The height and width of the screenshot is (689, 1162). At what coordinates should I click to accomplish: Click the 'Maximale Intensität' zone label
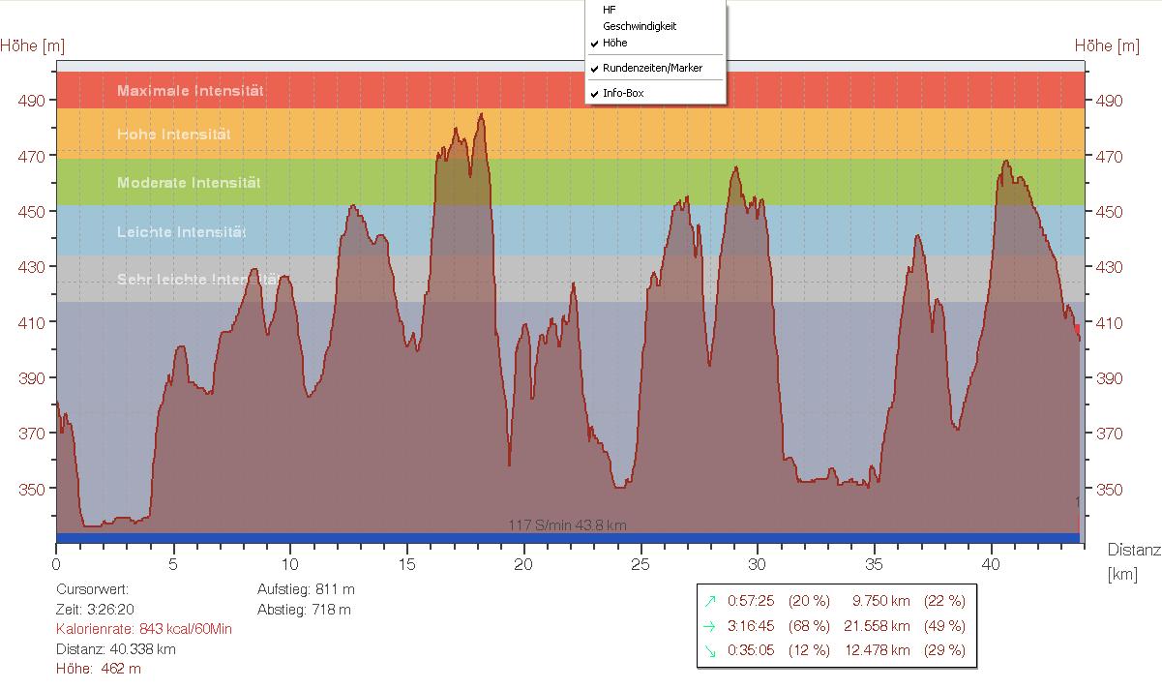190,91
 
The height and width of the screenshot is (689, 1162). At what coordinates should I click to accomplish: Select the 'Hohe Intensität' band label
173,135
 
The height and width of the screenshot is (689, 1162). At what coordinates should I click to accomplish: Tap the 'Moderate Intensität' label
189,183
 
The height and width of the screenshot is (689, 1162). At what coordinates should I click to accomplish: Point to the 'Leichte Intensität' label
181,232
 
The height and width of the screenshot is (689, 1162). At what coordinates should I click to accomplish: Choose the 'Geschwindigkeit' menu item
639,26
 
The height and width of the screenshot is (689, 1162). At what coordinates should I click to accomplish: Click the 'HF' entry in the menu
609,10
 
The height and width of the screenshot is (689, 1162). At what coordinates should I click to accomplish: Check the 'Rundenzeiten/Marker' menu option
651,68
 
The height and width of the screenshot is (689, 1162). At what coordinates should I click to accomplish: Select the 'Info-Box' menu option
622,93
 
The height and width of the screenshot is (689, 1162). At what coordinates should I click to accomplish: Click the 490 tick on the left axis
33,101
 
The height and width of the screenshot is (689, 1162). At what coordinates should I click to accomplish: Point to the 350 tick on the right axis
1109,490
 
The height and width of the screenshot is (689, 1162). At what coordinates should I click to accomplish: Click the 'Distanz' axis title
1133,550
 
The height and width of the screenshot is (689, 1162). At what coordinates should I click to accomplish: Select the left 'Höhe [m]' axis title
33,45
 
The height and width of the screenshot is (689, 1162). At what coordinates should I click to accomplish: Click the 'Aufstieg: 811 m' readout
306,588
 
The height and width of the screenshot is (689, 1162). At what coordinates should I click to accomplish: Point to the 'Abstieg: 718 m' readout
304,610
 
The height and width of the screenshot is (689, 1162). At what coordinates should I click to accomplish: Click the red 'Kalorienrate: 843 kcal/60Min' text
143,629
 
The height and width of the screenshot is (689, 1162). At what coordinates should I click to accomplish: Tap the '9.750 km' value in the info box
879,601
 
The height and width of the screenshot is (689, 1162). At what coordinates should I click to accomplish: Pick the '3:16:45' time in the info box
751,626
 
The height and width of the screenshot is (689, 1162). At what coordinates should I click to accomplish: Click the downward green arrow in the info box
711,651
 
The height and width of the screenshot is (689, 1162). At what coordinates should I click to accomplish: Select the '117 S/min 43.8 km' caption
567,525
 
